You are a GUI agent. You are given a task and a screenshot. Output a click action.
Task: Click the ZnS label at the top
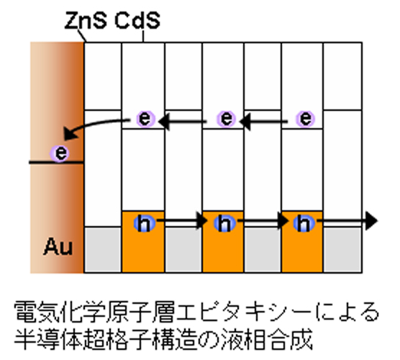(86, 20)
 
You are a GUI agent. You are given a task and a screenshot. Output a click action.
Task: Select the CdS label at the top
(137, 20)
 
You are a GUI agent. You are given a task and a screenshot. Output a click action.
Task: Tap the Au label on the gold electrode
(58, 246)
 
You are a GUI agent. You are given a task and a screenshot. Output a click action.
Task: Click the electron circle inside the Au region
(60, 153)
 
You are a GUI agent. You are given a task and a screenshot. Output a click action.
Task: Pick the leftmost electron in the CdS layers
(145, 119)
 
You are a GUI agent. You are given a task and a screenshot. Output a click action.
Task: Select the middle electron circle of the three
(226, 119)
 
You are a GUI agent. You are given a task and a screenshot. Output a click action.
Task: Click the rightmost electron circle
(305, 119)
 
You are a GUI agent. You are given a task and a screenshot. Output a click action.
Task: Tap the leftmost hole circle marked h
(145, 223)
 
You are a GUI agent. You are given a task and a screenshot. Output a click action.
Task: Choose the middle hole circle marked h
(224, 223)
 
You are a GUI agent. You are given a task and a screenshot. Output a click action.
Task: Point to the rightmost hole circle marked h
(304, 223)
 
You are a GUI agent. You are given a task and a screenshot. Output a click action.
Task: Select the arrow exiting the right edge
(347, 220)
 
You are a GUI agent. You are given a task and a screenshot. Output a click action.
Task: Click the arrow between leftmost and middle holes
(181, 220)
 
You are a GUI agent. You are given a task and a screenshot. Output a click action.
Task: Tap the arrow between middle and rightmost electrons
(264, 122)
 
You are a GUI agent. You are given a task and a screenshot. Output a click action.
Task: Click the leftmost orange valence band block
(143, 242)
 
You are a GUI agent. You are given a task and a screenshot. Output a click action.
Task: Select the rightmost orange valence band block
(302, 242)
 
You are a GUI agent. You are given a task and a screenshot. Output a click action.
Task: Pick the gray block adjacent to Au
(103, 250)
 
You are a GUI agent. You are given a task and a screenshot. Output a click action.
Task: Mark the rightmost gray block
(342, 250)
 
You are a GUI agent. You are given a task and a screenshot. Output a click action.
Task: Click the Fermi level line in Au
(56, 163)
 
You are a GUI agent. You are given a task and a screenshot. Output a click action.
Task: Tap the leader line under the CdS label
(143, 36)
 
